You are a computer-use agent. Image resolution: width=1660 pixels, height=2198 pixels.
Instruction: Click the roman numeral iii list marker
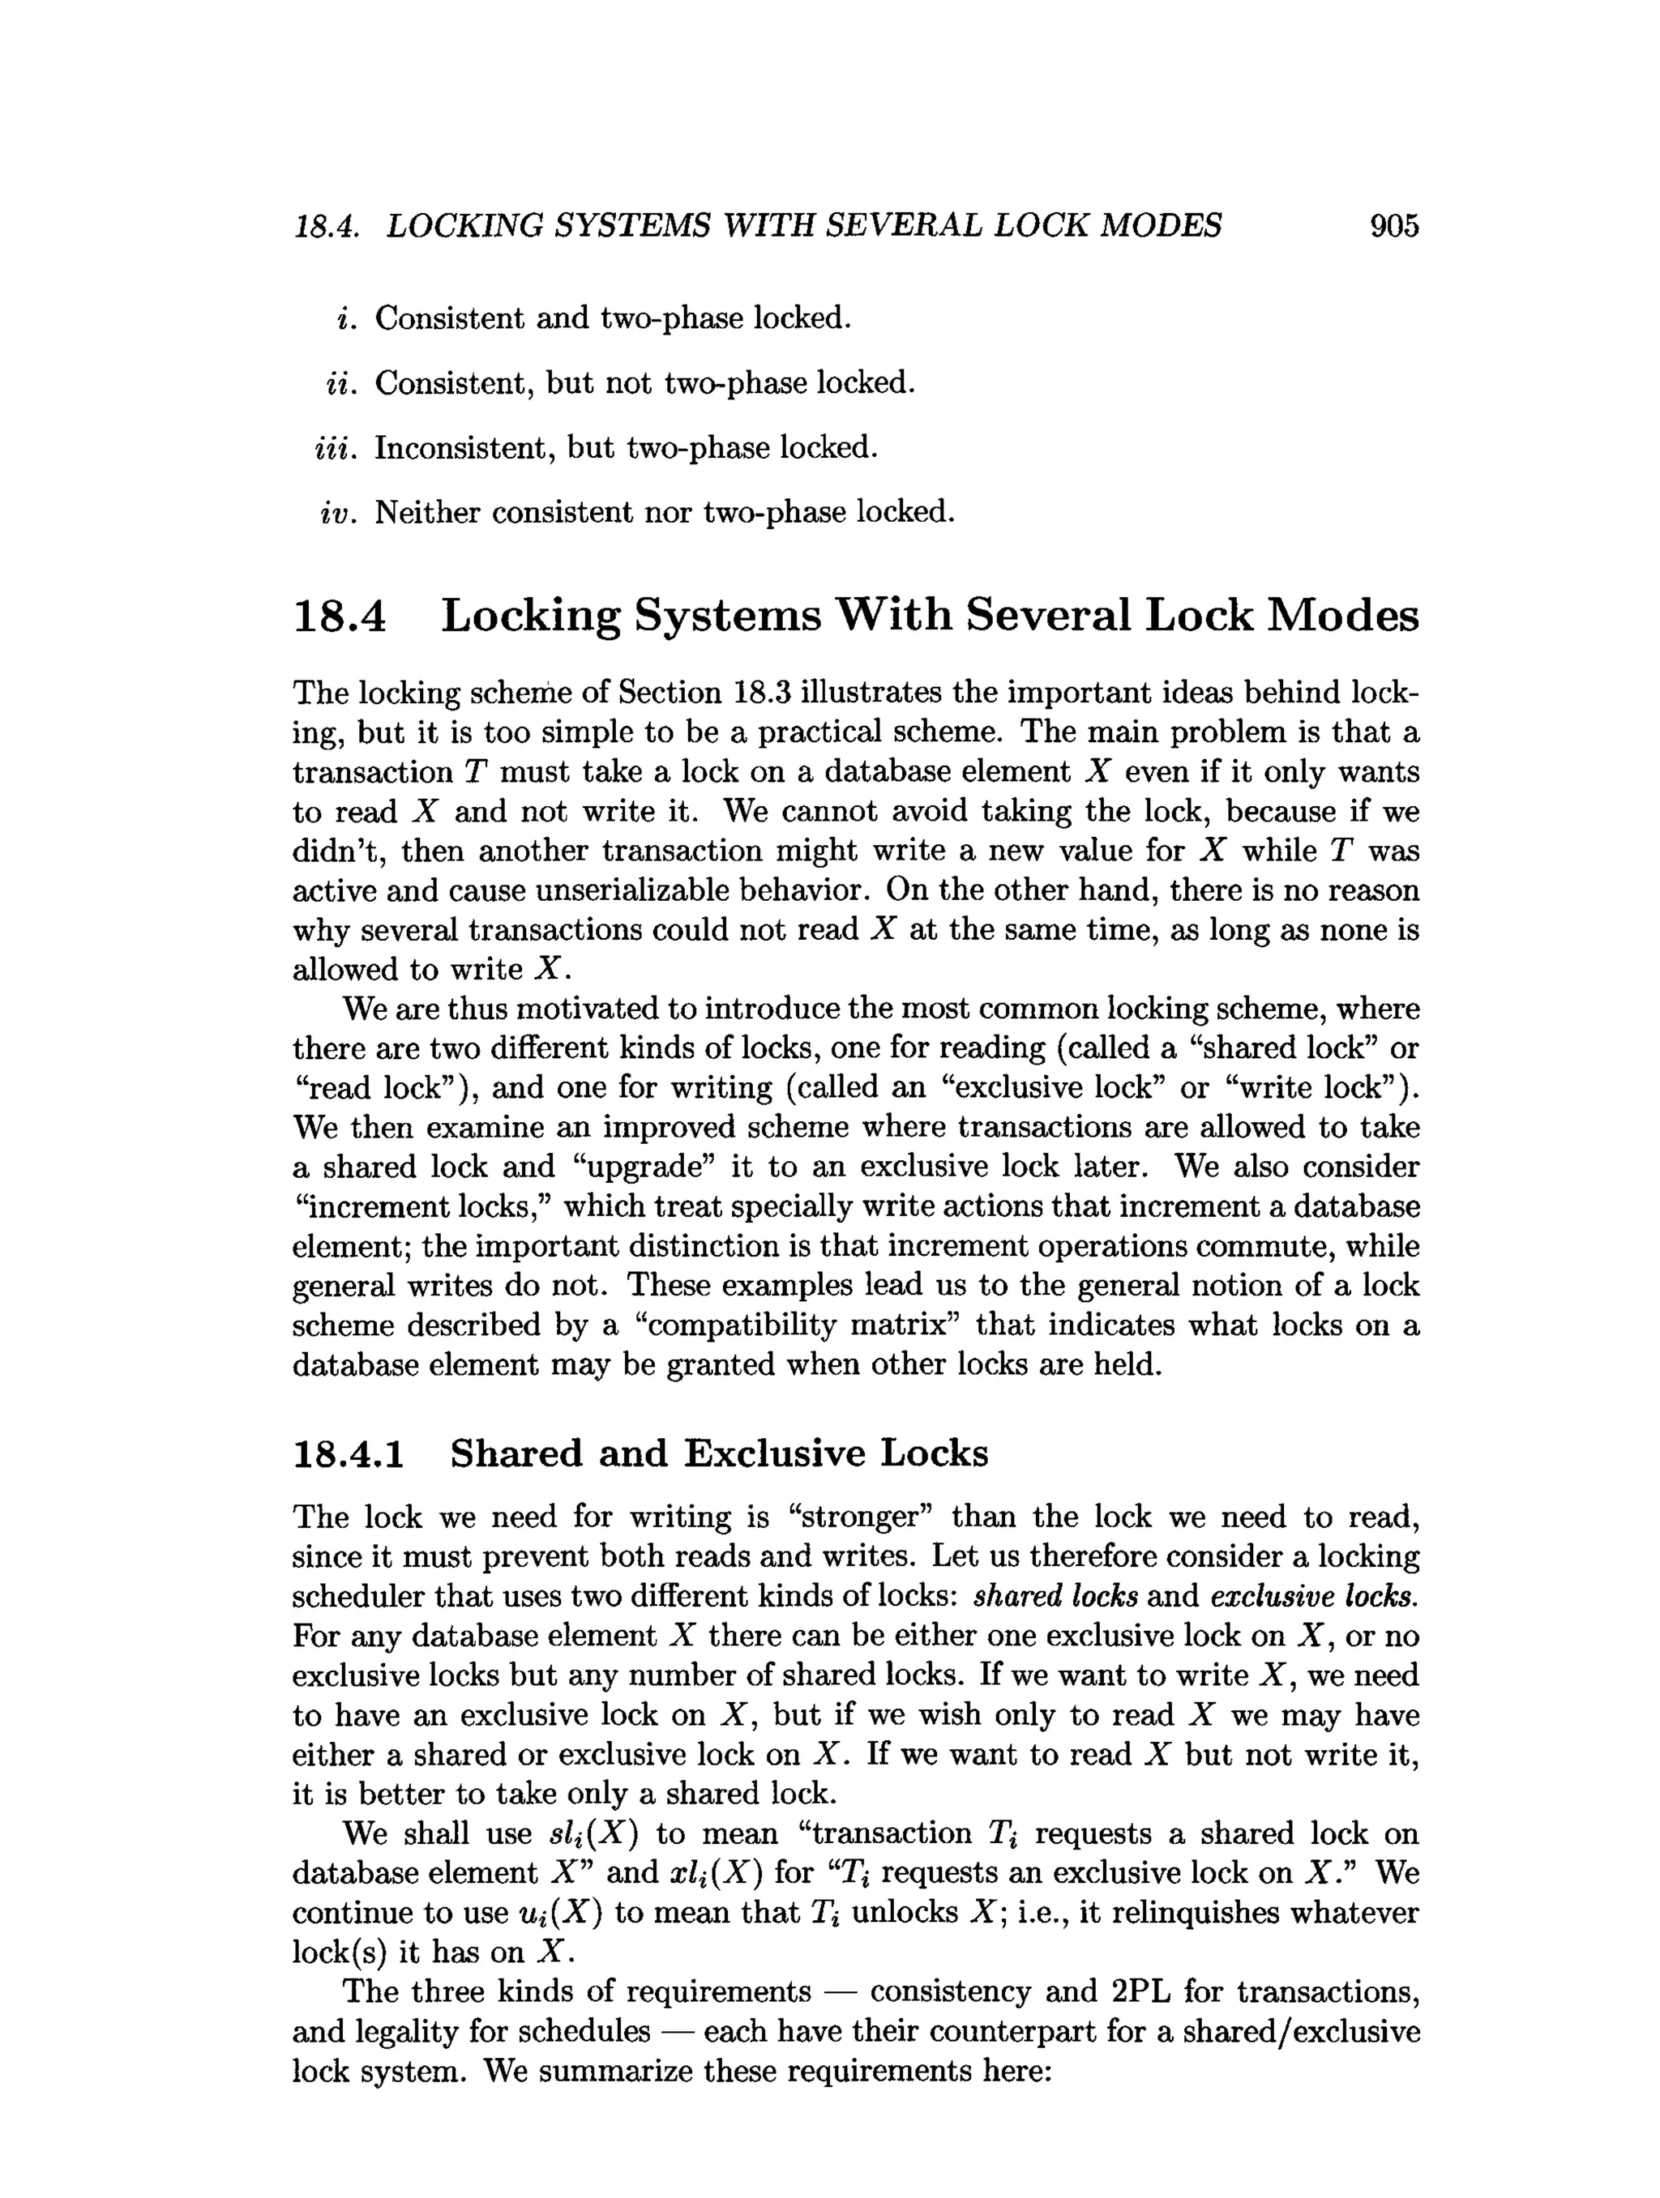(x=334, y=448)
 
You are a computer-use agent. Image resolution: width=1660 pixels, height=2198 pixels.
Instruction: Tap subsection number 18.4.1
(x=349, y=1453)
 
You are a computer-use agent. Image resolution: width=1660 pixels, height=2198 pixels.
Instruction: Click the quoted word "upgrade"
(x=645, y=1167)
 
